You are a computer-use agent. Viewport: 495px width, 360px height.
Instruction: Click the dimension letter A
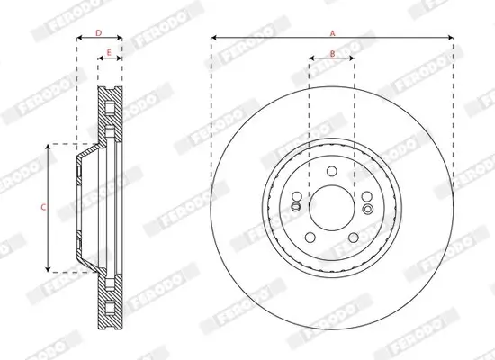click(x=332, y=32)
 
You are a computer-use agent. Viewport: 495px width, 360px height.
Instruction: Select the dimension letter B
click(x=332, y=54)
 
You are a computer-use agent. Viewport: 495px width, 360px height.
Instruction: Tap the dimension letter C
click(x=43, y=207)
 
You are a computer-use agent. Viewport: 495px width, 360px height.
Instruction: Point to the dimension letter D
click(x=98, y=32)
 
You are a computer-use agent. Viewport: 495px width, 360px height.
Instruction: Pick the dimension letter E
click(x=109, y=54)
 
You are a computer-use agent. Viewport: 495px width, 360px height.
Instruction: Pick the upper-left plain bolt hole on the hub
click(x=296, y=193)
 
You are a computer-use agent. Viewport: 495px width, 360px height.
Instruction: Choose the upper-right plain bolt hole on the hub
click(x=368, y=193)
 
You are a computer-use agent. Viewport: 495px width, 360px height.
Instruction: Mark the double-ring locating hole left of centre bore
click(x=296, y=209)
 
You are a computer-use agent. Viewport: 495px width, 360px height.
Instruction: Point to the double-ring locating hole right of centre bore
click(x=368, y=209)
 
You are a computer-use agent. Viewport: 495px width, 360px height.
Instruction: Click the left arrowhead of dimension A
click(x=214, y=39)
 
